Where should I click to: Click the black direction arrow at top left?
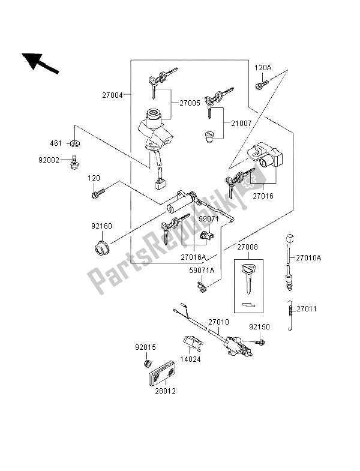tap(40, 62)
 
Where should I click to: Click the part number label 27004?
tap(113, 94)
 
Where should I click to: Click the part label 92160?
tap(102, 226)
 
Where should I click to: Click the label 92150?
tap(260, 328)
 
